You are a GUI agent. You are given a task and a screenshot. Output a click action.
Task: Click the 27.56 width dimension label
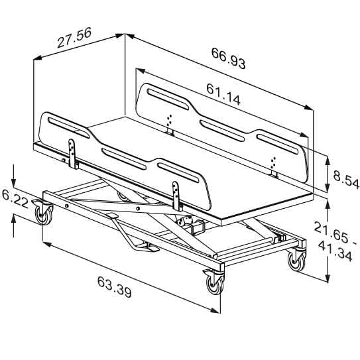coord(74,38)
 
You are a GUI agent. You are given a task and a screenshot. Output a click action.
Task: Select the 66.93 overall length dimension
coord(229,58)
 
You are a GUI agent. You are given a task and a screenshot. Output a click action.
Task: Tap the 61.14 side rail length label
coord(223,94)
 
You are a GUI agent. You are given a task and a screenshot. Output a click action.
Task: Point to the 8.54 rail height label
coord(346,180)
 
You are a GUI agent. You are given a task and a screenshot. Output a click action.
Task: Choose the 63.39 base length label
coord(115,287)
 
